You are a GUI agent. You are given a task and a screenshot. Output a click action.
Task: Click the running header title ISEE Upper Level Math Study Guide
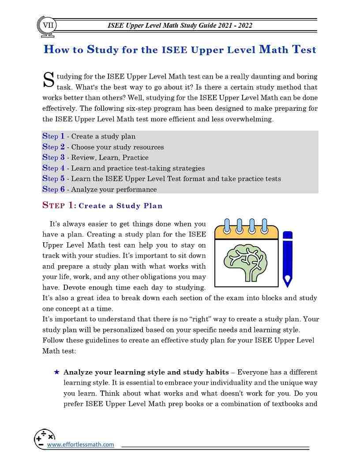pyautogui.click(x=180, y=26)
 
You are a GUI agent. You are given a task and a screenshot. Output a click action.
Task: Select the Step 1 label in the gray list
pyautogui.click(x=53, y=136)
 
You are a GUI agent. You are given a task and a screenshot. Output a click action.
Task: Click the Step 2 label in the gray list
pyautogui.click(x=53, y=147)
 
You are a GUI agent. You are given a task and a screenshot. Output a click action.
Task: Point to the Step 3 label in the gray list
pyautogui.click(x=53, y=158)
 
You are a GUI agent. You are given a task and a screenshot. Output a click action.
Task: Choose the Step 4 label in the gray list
pyautogui.click(x=53, y=168)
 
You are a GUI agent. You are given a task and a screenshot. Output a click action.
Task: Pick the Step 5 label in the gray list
pyautogui.click(x=53, y=179)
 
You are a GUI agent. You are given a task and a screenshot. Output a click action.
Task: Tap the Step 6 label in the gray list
pyautogui.click(x=53, y=189)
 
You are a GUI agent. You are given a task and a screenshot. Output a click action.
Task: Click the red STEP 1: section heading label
pyautogui.click(x=59, y=205)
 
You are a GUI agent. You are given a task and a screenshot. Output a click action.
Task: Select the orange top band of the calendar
pyautogui.click(x=246, y=233)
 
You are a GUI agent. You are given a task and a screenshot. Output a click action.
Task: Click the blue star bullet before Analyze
pyautogui.click(x=56, y=372)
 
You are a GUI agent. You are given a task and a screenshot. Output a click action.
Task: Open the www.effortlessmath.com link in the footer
pyautogui.click(x=80, y=445)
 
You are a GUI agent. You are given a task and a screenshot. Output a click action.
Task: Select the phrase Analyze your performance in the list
pyautogui.click(x=114, y=189)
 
